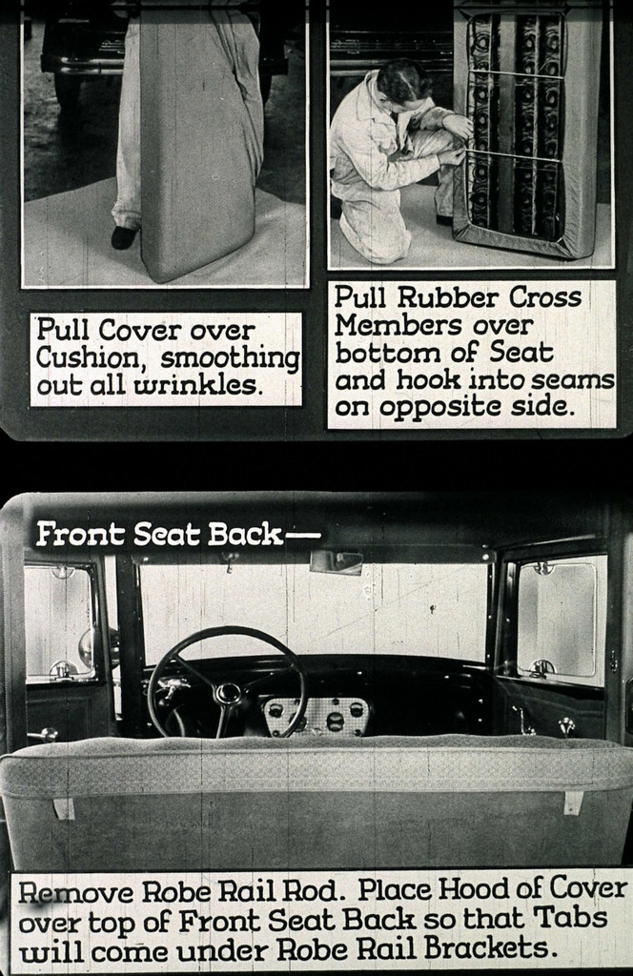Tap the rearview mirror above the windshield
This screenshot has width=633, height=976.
(336, 562)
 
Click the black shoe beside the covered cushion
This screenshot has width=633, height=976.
(123, 236)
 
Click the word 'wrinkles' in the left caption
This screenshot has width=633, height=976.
(216, 386)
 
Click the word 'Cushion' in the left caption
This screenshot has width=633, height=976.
(89, 359)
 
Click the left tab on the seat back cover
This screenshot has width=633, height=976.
(64, 807)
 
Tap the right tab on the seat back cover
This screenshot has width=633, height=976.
(573, 802)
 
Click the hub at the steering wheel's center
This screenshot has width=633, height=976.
(227, 693)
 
